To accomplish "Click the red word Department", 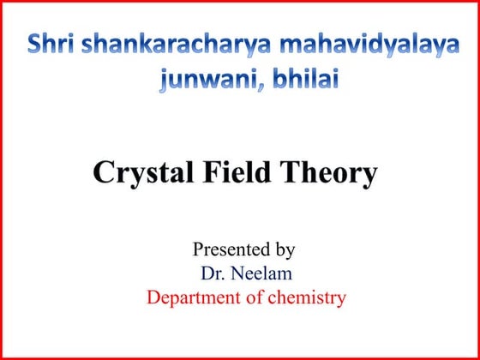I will click(191, 298).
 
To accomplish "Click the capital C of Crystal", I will click(103, 173).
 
